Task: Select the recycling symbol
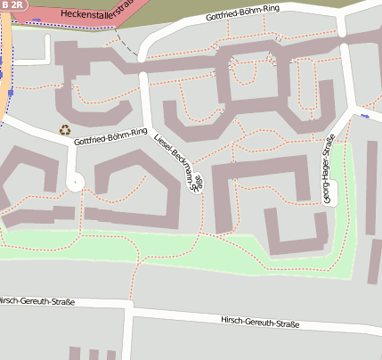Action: (65, 129)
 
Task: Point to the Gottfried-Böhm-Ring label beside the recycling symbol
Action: (110, 137)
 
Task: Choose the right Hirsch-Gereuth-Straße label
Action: (258, 322)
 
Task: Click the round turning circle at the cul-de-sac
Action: (74, 182)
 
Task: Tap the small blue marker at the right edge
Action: (365, 115)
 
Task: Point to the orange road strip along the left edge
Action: (5, 53)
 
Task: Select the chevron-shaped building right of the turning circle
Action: (134, 183)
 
